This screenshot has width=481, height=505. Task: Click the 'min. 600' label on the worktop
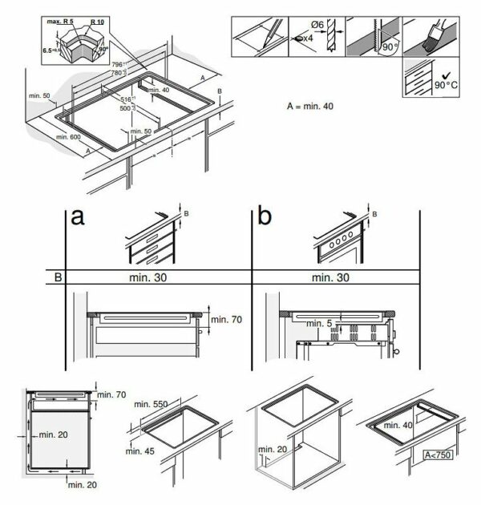point(69,138)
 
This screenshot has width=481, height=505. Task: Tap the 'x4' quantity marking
point(307,38)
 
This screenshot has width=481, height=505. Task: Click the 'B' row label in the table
point(57,277)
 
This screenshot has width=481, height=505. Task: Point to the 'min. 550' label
point(150,404)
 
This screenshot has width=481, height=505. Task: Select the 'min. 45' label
point(143,450)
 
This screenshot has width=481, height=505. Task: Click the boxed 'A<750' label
point(439,454)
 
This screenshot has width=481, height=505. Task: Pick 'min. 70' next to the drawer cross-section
point(225,320)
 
